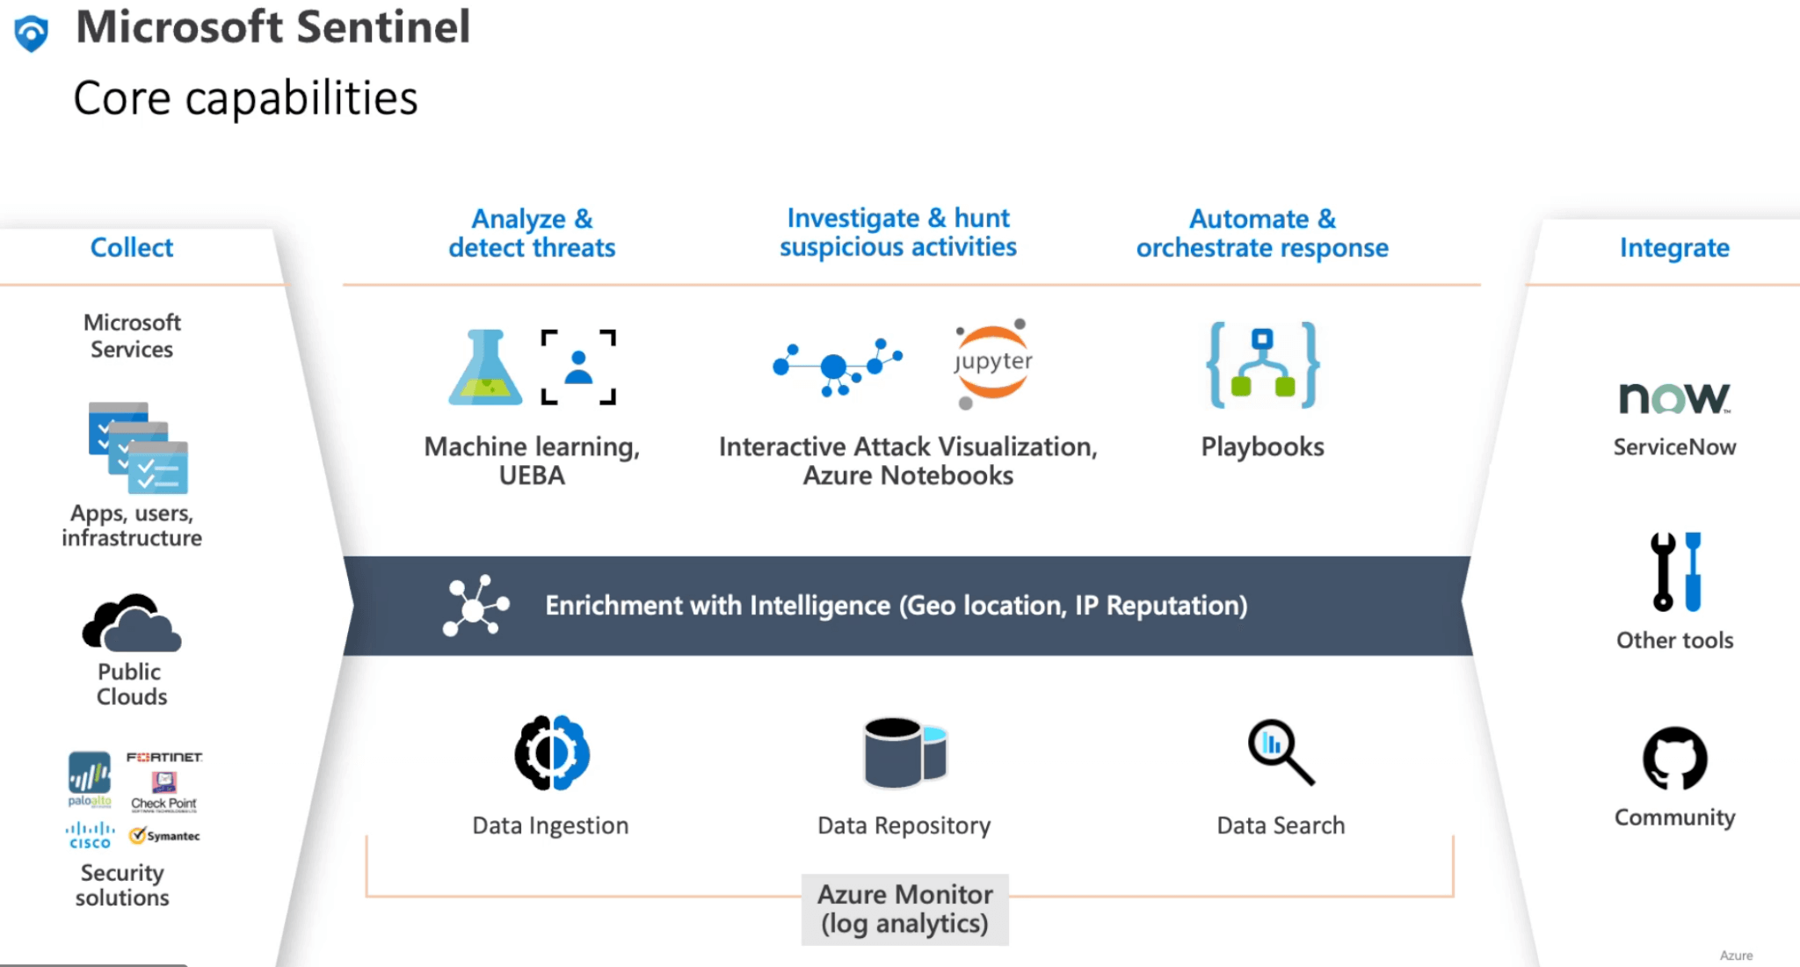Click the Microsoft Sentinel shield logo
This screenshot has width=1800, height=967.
click(32, 33)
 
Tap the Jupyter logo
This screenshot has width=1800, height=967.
click(992, 363)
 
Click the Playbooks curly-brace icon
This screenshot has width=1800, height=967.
click(1262, 365)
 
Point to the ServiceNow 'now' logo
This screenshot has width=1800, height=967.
click(1673, 398)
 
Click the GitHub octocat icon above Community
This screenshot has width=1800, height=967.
click(1674, 758)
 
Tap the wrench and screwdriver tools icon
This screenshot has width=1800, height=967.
click(1675, 571)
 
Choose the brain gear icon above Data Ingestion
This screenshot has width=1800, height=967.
click(552, 753)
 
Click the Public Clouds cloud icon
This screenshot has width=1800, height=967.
click(132, 623)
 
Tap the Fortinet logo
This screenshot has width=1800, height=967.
click(164, 757)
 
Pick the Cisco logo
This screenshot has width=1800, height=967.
click(90, 835)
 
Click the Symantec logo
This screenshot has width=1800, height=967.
click(165, 836)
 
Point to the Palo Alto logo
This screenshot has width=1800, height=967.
click(90, 779)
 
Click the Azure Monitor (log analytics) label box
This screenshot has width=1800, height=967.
click(904, 909)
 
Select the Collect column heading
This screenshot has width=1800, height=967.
click(132, 248)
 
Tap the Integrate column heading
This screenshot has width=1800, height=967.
click(1674, 248)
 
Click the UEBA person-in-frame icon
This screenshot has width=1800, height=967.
click(578, 367)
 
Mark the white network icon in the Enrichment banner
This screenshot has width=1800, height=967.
click(475, 606)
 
